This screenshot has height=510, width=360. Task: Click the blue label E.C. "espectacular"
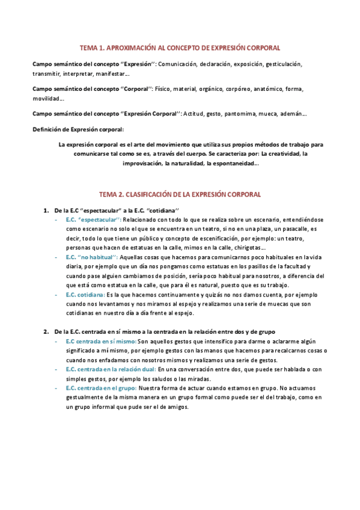click(93, 220)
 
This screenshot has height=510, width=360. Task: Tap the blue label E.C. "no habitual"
click(90, 257)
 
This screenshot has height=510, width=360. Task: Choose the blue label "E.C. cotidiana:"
click(86, 295)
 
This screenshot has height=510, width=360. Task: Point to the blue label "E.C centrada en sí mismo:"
click(101, 342)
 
